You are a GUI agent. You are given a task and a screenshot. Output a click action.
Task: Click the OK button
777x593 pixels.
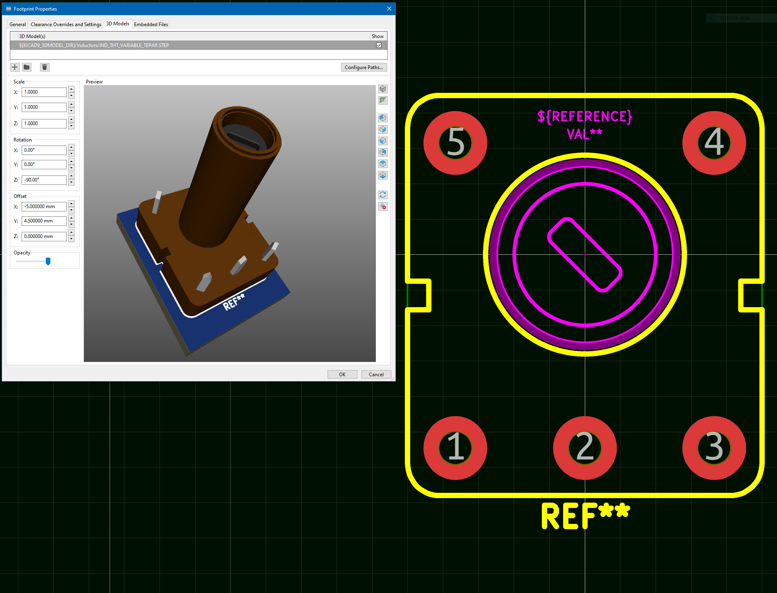pos(342,374)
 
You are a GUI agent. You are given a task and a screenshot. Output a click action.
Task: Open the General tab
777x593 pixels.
pos(18,25)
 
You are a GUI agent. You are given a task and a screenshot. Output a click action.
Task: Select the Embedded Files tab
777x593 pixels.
pos(151,25)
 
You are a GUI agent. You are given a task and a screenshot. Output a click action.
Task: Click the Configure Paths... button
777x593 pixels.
pos(364,67)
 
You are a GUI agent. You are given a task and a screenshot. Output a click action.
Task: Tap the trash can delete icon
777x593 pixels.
pos(45,67)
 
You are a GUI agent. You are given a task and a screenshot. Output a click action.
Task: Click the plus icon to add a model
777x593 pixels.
pos(15,67)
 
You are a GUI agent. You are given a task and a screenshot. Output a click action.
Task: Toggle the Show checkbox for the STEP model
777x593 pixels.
pos(379,45)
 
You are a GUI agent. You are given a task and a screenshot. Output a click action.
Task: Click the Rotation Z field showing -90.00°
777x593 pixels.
pos(44,180)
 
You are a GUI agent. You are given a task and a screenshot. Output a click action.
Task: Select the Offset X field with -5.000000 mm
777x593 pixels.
pos(44,207)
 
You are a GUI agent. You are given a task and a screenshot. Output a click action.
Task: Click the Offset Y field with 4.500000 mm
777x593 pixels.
pos(44,221)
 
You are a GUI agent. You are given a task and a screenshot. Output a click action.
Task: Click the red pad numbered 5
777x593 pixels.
pos(455,143)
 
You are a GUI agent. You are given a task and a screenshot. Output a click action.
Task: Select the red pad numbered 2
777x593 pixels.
pos(585,448)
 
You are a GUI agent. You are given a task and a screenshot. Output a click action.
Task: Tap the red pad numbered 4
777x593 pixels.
pos(714,143)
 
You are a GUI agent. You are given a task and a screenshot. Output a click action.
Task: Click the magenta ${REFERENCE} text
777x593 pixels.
pos(584,117)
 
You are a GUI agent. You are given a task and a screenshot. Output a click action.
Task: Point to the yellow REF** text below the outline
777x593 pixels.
pos(585,516)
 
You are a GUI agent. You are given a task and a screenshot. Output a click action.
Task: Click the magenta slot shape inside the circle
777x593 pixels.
pos(585,254)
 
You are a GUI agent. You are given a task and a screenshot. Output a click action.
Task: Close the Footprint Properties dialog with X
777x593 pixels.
pos(389,9)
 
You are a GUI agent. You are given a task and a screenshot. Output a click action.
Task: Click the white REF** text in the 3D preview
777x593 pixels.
pos(234,302)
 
